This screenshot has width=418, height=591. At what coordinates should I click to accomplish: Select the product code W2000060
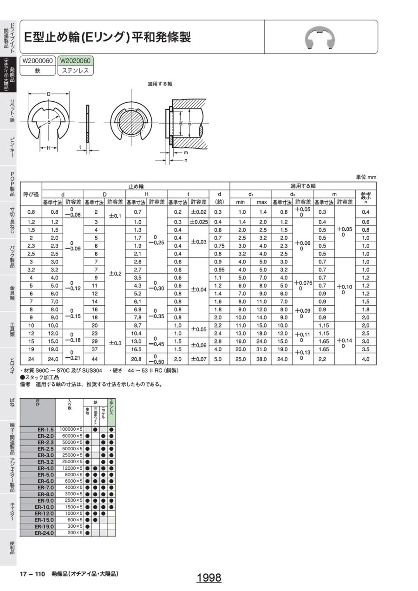point(38,61)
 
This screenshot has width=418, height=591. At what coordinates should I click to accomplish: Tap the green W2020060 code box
point(75,61)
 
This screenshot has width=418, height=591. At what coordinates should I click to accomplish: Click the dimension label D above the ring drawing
point(49,94)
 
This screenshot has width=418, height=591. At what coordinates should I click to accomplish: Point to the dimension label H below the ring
point(48,148)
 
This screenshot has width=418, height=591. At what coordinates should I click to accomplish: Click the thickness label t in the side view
point(80,147)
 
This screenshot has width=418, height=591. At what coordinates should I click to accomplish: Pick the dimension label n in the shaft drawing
point(186,160)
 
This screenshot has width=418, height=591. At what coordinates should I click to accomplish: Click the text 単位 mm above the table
point(366,177)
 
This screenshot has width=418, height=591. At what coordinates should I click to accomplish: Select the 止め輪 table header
point(136,186)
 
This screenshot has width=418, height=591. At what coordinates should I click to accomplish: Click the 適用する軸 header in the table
point(303,186)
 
